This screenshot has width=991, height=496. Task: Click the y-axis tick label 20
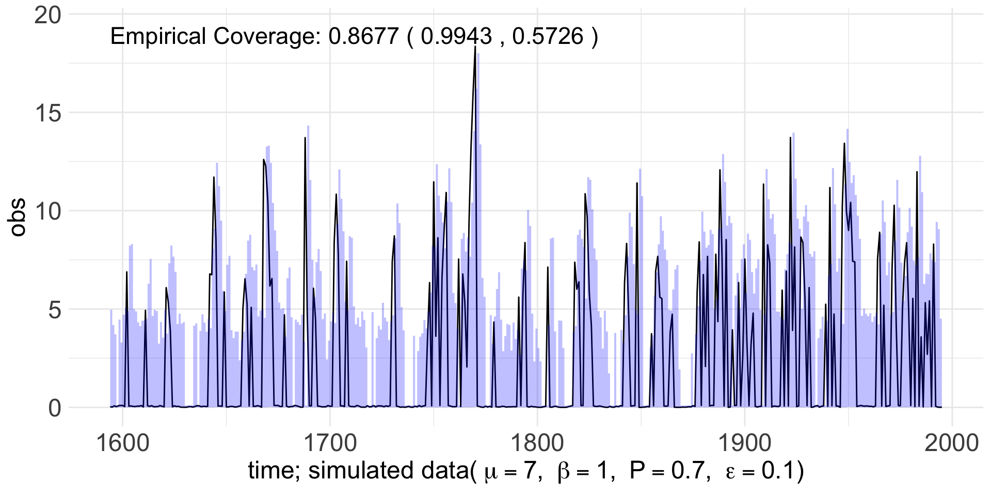click(47, 16)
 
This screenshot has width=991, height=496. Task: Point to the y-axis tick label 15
click(47, 113)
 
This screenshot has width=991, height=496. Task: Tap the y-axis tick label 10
click(47, 211)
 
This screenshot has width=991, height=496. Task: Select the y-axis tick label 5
click(55, 309)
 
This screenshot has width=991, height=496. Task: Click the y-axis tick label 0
click(55, 408)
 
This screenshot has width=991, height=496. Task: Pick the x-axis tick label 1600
click(123, 443)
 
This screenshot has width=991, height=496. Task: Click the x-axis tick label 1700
click(330, 443)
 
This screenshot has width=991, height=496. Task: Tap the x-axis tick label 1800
click(538, 443)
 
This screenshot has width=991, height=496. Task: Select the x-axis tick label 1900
click(745, 443)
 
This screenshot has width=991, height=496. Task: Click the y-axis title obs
click(18, 217)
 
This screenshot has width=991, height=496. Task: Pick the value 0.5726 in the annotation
click(548, 37)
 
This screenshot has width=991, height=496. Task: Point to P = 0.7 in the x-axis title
click(667, 471)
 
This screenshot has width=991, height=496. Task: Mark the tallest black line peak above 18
click(475, 47)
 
